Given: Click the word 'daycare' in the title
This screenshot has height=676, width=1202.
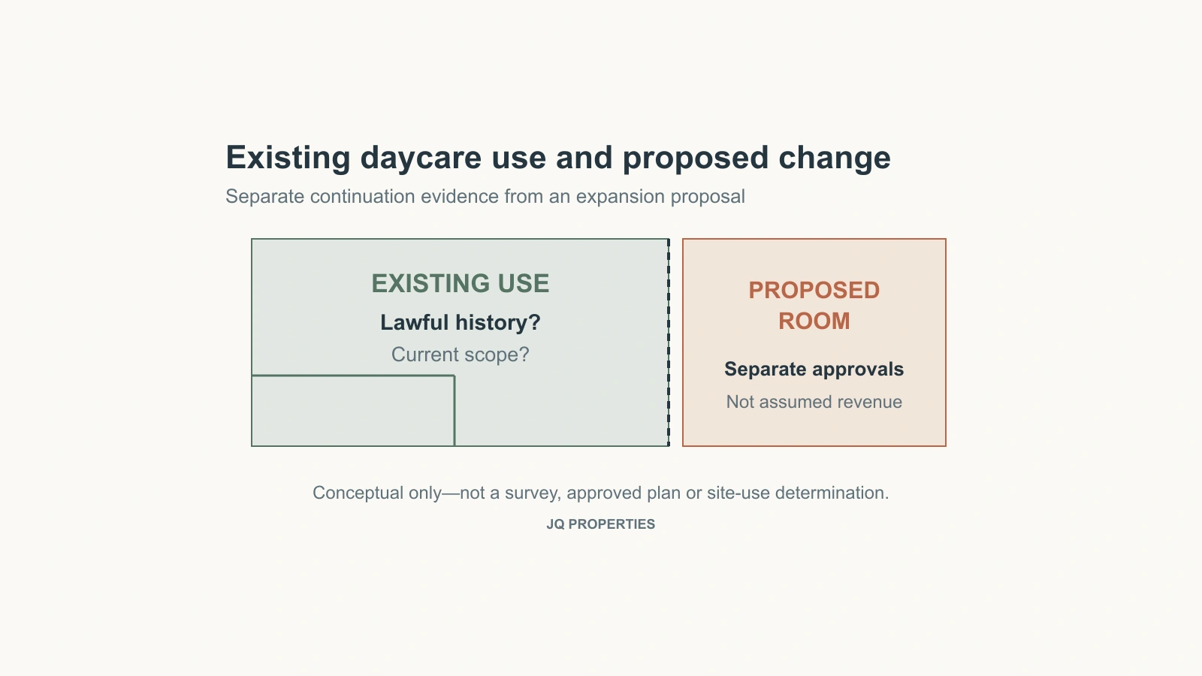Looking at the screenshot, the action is [x=420, y=158].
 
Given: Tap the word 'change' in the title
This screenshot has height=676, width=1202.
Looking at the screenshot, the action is [x=835, y=158].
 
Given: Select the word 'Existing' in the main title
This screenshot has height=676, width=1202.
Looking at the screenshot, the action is [x=288, y=158].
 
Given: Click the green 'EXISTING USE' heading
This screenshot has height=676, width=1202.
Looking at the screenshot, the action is [x=461, y=283].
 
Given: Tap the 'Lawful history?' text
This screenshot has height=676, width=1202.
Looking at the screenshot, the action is [x=461, y=322].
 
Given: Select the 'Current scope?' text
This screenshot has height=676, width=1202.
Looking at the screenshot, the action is [x=461, y=355].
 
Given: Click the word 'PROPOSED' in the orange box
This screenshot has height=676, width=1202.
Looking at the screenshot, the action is [x=814, y=290].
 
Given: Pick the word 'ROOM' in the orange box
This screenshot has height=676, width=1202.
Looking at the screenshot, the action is [x=814, y=321].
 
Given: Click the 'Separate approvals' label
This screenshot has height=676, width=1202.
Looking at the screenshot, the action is [x=814, y=369].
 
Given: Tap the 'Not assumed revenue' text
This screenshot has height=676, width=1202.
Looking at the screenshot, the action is [x=814, y=402].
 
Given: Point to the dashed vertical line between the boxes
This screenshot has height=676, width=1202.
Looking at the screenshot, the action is [x=669, y=343].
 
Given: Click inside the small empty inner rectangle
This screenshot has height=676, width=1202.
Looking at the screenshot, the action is [x=353, y=410].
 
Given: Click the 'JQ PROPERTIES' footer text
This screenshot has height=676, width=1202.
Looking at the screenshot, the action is [x=600, y=524].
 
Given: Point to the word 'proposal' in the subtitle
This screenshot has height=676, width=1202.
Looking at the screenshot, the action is [x=708, y=197].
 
